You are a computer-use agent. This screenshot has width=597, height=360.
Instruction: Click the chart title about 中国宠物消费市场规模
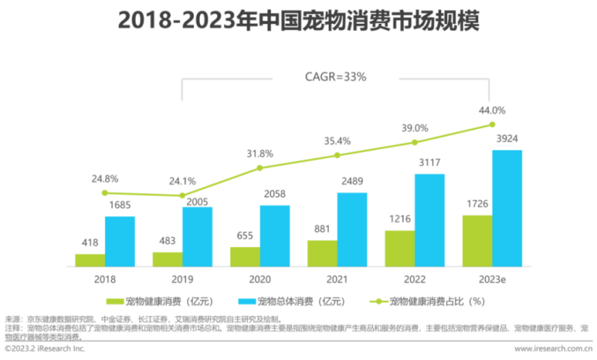coord(298,21)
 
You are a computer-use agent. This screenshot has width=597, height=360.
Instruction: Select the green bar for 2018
coord(90,260)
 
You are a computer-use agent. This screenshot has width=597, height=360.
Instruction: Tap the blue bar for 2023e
coord(507,208)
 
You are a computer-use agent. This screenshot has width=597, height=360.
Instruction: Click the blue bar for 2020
coord(275,236)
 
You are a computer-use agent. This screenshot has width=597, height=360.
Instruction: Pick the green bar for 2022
coord(400,248)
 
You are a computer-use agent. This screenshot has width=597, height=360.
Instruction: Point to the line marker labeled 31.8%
coord(259,168)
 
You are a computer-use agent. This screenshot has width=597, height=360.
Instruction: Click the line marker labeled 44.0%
coord(492,125)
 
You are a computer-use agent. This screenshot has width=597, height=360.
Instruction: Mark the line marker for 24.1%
coord(182,196)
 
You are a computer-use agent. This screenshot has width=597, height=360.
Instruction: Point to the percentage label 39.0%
coord(414,127)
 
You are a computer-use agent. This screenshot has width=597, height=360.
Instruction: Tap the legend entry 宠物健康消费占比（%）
coord(427,301)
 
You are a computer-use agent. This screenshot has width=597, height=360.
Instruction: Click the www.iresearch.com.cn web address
coord(551,349)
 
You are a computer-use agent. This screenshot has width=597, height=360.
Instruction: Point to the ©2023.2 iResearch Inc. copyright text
coord(45,349)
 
